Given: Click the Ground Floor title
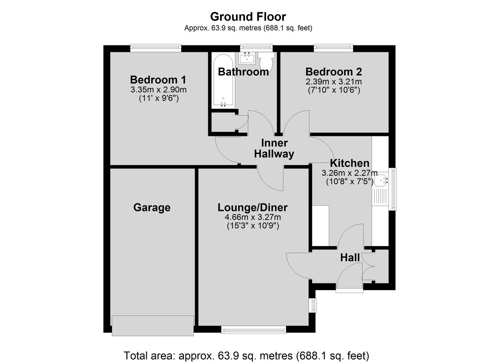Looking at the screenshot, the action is click(248, 17).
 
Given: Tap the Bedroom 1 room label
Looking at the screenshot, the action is click(158, 80).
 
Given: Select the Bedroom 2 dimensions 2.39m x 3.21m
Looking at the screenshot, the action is click(333, 82).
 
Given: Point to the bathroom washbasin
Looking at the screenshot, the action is click(247, 58).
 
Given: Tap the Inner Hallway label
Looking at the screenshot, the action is click(274, 148).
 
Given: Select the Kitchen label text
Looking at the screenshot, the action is click(350, 163).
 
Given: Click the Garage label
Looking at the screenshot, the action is click(152, 207).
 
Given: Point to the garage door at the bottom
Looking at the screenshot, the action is click(153, 326).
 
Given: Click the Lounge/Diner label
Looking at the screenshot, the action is click(253, 207).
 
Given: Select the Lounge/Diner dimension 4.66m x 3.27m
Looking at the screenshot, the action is click(253, 217).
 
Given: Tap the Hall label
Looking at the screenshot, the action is click(350, 258).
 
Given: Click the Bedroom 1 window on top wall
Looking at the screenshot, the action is click(156, 49).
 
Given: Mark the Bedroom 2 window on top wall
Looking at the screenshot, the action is click(333, 49).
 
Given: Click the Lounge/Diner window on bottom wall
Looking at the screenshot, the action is click(254, 330).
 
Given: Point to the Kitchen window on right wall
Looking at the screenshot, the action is click(393, 189).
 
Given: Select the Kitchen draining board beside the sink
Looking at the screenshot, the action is click(380, 196).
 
